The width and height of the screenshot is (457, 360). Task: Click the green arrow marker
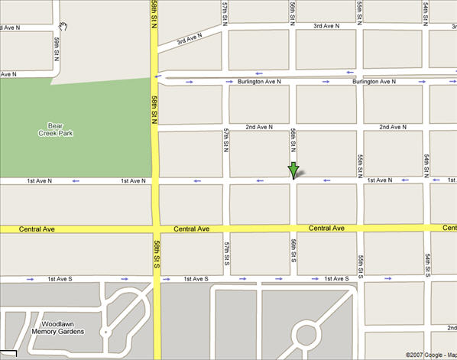coord(293,170)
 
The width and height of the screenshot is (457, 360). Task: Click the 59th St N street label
coord(57,50)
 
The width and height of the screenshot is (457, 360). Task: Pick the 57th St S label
coord(227,255)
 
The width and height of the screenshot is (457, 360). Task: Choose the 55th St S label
coord(360,255)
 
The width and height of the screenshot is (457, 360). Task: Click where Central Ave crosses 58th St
coord(155,229)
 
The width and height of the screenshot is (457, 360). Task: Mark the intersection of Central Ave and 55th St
coord(360,229)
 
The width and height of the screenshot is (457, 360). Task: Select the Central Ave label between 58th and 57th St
coord(191,229)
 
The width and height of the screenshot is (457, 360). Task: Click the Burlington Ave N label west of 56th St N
coord(258,81)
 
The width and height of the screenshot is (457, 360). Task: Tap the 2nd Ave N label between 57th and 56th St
coord(261,127)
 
